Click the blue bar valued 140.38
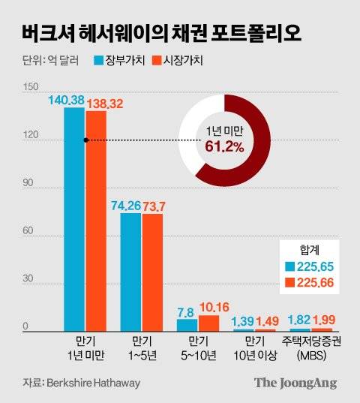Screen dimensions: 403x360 tap(74, 218)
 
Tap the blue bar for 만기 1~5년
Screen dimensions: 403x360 tap(130, 272)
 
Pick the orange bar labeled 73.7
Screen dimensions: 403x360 tap(152, 272)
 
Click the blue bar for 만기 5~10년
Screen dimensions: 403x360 tap(187, 324)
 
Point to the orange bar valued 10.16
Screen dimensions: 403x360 tap(208, 323)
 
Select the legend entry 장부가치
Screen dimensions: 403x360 tap(123, 59)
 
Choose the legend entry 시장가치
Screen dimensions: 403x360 tap(177, 59)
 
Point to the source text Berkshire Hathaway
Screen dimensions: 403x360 tap(93, 383)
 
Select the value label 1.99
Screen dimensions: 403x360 tap(322, 321)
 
